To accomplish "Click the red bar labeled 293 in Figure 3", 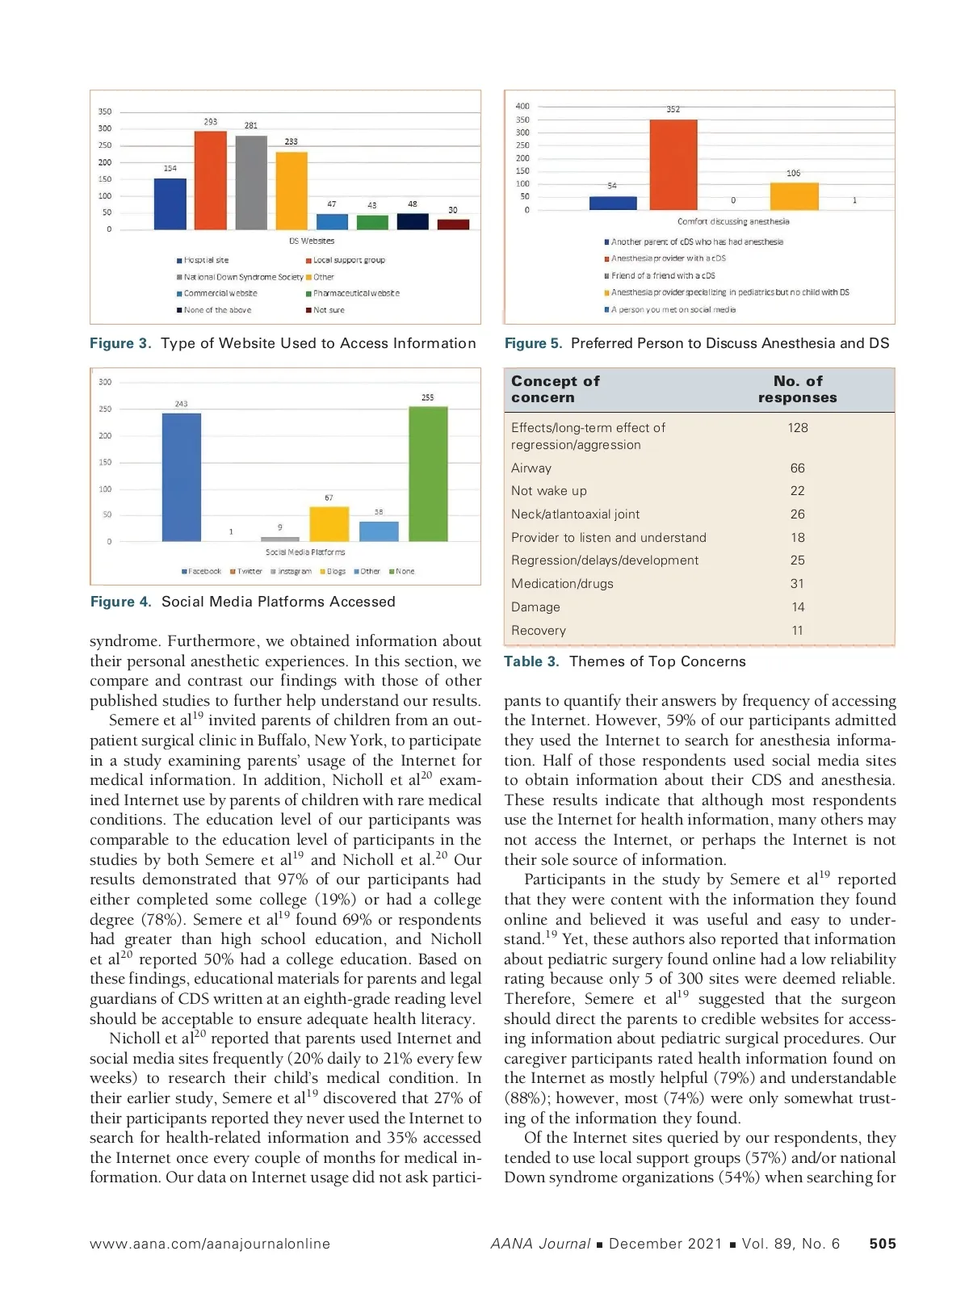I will pos(210,180).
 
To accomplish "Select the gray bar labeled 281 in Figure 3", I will pos(251,183).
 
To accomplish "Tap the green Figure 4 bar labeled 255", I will pos(428,474).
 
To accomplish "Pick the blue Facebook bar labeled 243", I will pos(182,477).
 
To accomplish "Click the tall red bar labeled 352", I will pos(673,165).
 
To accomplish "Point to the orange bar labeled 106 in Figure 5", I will pos(794,196).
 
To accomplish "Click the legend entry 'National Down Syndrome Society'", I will pos(241,277).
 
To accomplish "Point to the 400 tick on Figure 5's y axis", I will pos(522,106).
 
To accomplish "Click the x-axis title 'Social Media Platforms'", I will pos(305,552).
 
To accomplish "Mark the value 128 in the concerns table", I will pos(798,428).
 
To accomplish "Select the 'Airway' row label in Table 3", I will pos(531,468).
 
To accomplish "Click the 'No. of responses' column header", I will pos(798,389).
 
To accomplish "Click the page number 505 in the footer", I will pos(882,1244).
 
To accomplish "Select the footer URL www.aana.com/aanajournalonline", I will pos(210,1244).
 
